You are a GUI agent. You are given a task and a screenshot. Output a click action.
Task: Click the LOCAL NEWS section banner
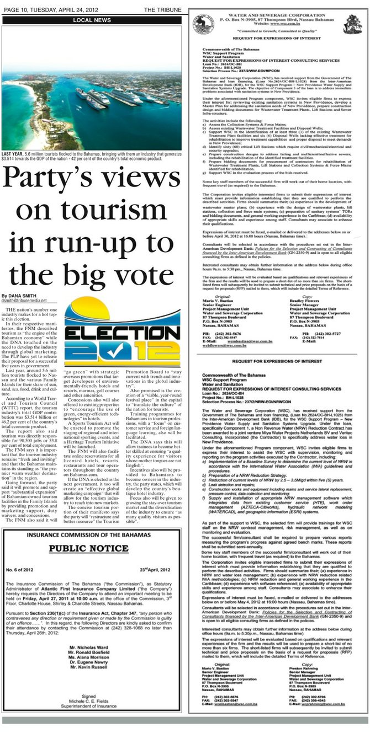(x=92, y=20)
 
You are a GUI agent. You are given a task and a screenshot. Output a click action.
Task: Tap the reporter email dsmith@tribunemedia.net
(x=24, y=301)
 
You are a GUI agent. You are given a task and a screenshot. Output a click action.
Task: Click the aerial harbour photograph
(x=92, y=87)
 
